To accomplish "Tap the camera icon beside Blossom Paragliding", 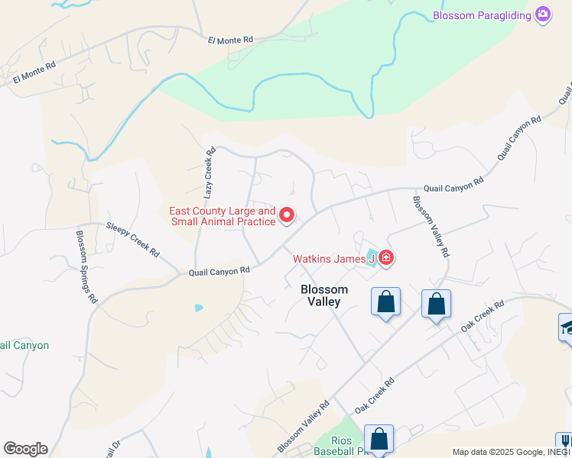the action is (543, 15).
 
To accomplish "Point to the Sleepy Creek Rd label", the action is (132, 239).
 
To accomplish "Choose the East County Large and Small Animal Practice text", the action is (222, 216).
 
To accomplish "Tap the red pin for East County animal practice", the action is (287, 216).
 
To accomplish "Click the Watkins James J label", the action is (333, 259).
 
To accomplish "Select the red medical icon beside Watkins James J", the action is (385, 259).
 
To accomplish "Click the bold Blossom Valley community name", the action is (324, 295).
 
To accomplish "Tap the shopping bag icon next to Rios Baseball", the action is (379, 439).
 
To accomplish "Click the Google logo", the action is (25, 449).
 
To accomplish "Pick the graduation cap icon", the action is (567, 327).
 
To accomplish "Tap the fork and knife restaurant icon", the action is (565, 443).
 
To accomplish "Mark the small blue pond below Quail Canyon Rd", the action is (199, 308).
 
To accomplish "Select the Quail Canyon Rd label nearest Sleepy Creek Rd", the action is (219, 270).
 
